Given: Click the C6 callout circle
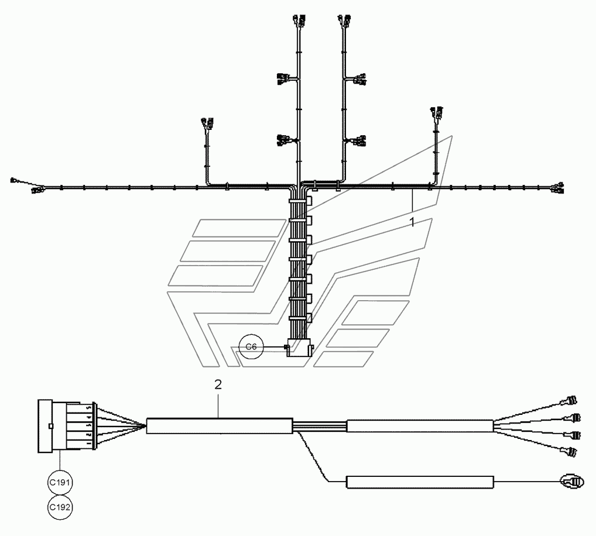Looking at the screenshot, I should click(x=251, y=347).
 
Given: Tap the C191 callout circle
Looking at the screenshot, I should click(x=60, y=483).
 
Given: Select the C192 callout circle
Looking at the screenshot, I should click(x=60, y=507).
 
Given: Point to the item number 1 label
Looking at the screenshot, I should click(x=412, y=222).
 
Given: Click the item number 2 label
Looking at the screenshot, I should click(x=218, y=384).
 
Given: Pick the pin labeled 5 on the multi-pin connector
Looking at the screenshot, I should click(x=87, y=407).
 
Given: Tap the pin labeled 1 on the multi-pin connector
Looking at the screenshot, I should click(x=87, y=444).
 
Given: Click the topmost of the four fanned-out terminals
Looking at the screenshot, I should click(x=570, y=401).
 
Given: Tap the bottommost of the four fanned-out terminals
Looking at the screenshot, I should click(x=570, y=451).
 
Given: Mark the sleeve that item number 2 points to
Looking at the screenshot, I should click(x=219, y=425).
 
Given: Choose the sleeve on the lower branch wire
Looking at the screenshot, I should click(x=420, y=482).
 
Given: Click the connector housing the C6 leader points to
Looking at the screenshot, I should click(x=299, y=349).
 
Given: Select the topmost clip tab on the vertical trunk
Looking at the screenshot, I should click(x=309, y=202).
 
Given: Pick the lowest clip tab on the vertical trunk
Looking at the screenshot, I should click(x=309, y=319).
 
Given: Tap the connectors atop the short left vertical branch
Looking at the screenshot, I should click(x=206, y=124).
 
